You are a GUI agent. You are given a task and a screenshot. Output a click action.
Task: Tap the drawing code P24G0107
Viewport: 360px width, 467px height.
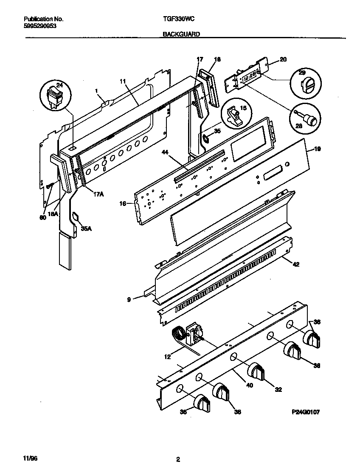305,411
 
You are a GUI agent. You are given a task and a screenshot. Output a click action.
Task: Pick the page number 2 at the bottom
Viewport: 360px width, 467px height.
178,459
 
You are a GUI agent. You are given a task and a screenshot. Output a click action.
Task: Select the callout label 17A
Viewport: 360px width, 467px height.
98,194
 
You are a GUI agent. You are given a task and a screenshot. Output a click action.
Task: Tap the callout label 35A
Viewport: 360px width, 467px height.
86,229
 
